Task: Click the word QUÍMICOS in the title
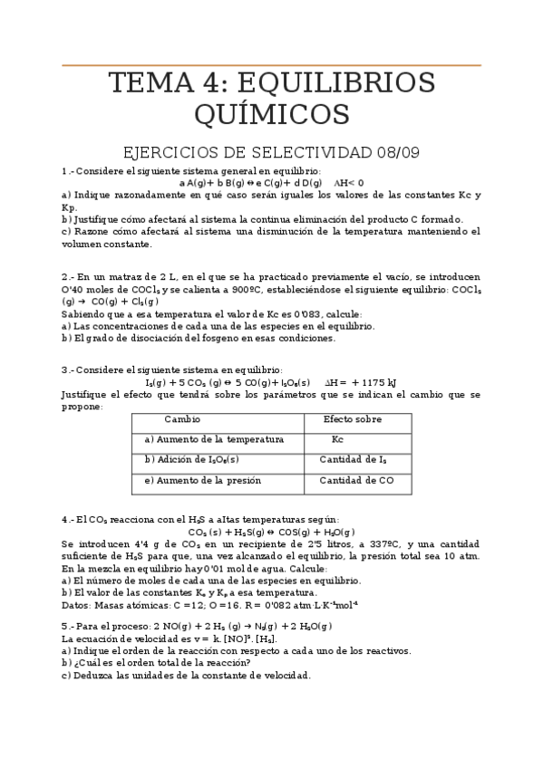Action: [270, 115]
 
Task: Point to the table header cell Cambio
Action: [181, 419]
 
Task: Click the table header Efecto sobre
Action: [353, 419]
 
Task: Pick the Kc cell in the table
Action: [337, 439]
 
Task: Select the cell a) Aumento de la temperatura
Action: [214, 439]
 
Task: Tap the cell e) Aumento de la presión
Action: [203, 480]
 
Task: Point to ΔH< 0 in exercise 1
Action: [349, 182]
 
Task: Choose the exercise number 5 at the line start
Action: [65, 625]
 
